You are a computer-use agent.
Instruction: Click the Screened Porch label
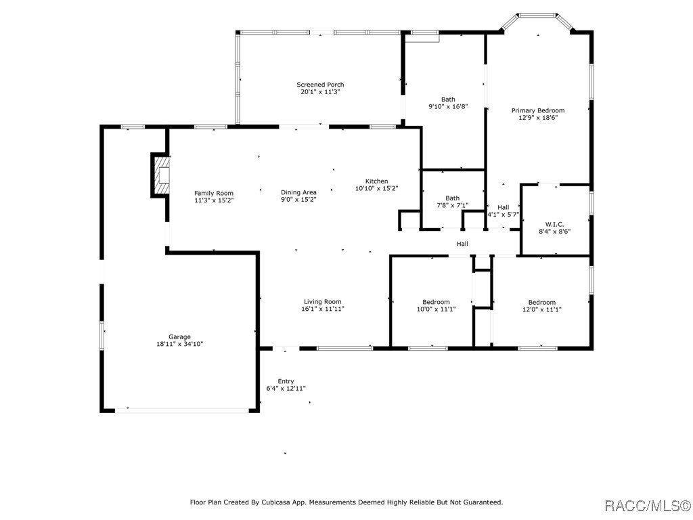[320, 85]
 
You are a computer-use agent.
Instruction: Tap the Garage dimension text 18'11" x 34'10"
[179, 344]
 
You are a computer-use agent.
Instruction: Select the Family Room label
[214, 193]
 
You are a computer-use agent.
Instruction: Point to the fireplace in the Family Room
[160, 175]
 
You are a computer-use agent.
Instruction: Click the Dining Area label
[298, 192]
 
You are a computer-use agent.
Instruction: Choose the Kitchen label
[376, 181]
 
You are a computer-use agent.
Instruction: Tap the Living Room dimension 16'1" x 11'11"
[322, 309]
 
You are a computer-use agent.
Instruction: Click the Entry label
[286, 381]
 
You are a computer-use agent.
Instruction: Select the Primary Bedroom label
[537, 110]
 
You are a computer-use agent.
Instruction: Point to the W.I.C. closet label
[554, 224]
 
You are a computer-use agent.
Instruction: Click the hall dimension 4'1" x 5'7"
[503, 215]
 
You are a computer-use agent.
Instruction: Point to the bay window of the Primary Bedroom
[538, 15]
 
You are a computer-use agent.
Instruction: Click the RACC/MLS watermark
[648, 505]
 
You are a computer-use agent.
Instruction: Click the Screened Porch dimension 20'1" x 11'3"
[320, 92]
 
